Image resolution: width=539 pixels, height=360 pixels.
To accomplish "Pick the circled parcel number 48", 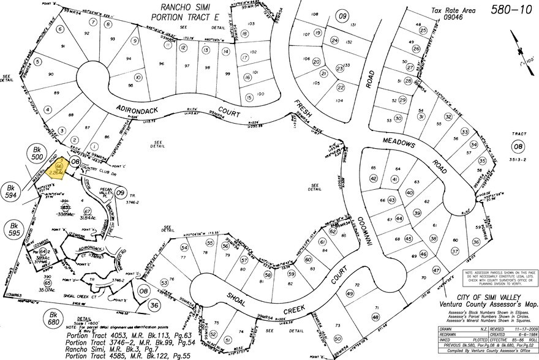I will click(x=375, y=317).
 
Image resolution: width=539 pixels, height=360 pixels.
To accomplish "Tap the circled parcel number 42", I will click(x=373, y=178).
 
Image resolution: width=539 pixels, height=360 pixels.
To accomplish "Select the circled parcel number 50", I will click(x=337, y=339).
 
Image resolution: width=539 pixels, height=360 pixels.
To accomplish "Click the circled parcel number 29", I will click(x=402, y=100).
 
